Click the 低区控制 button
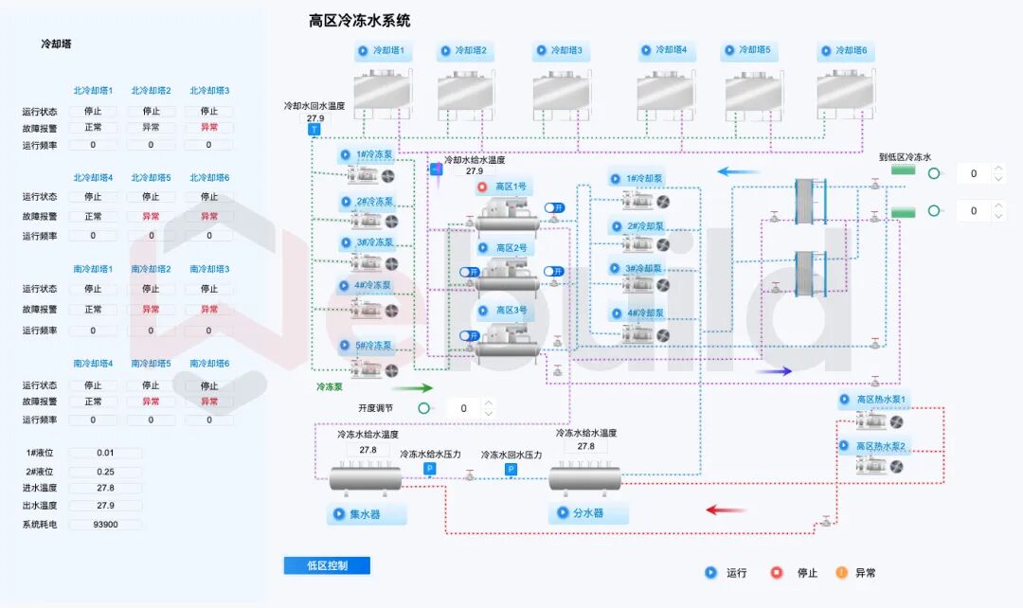(x=327, y=565)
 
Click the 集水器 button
(x=367, y=514)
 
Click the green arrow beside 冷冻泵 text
(x=411, y=387)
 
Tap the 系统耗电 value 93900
(x=105, y=524)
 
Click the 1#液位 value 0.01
(x=105, y=453)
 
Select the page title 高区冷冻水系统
(x=359, y=21)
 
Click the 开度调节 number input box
(x=463, y=408)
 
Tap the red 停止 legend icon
(x=777, y=572)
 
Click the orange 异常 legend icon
(x=841, y=572)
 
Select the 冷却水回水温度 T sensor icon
(x=315, y=130)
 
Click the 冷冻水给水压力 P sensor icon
(x=429, y=469)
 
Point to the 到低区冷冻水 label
(x=905, y=157)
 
